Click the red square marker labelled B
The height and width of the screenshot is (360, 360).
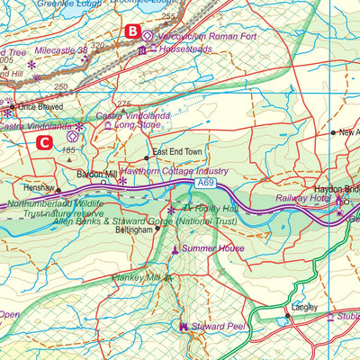pyautogui.click(x=132, y=32)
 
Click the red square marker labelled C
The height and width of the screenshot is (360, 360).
pyautogui.click(x=43, y=140)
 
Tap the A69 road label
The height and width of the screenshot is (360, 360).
pyautogui.click(x=206, y=183)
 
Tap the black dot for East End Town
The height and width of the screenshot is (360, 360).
pyautogui.click(x=146, y=157)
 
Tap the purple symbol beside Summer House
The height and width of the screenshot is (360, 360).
pyautogui.click(x=175, y=247)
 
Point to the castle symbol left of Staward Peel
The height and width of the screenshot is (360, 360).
pyautogui.click(x=184, y=326)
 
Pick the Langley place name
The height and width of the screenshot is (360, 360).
pyautogui.click(x=305, y=307)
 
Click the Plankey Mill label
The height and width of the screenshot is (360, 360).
pyautogui.click(x=135, y=277)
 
